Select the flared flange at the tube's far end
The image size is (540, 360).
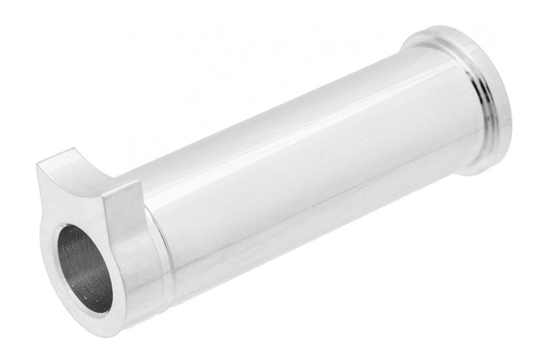pyautogui.click(x=473, y=95)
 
